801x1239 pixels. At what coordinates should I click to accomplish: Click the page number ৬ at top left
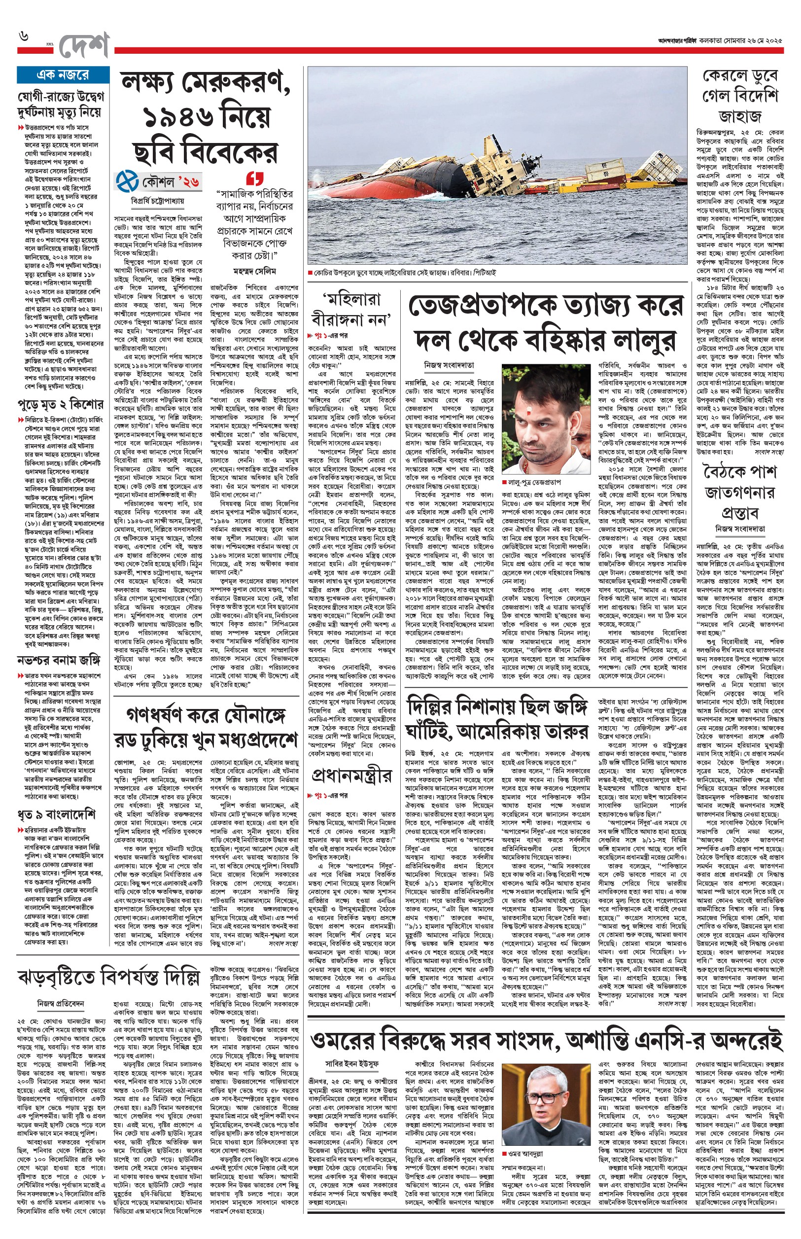click(x=23, y=37)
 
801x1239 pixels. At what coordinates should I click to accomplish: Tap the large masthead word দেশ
click(x=83, y=46)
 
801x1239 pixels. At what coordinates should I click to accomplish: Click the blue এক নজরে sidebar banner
click(x=63, y=75)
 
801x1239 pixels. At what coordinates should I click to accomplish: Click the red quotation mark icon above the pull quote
click(x=254, y=178)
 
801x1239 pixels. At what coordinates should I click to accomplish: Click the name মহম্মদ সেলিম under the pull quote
click(x=254, y=271)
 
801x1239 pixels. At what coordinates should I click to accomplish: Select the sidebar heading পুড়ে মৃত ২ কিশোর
click(x=60, y=404)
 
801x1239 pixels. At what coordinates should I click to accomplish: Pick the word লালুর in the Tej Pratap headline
click(x=644, y=341)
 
